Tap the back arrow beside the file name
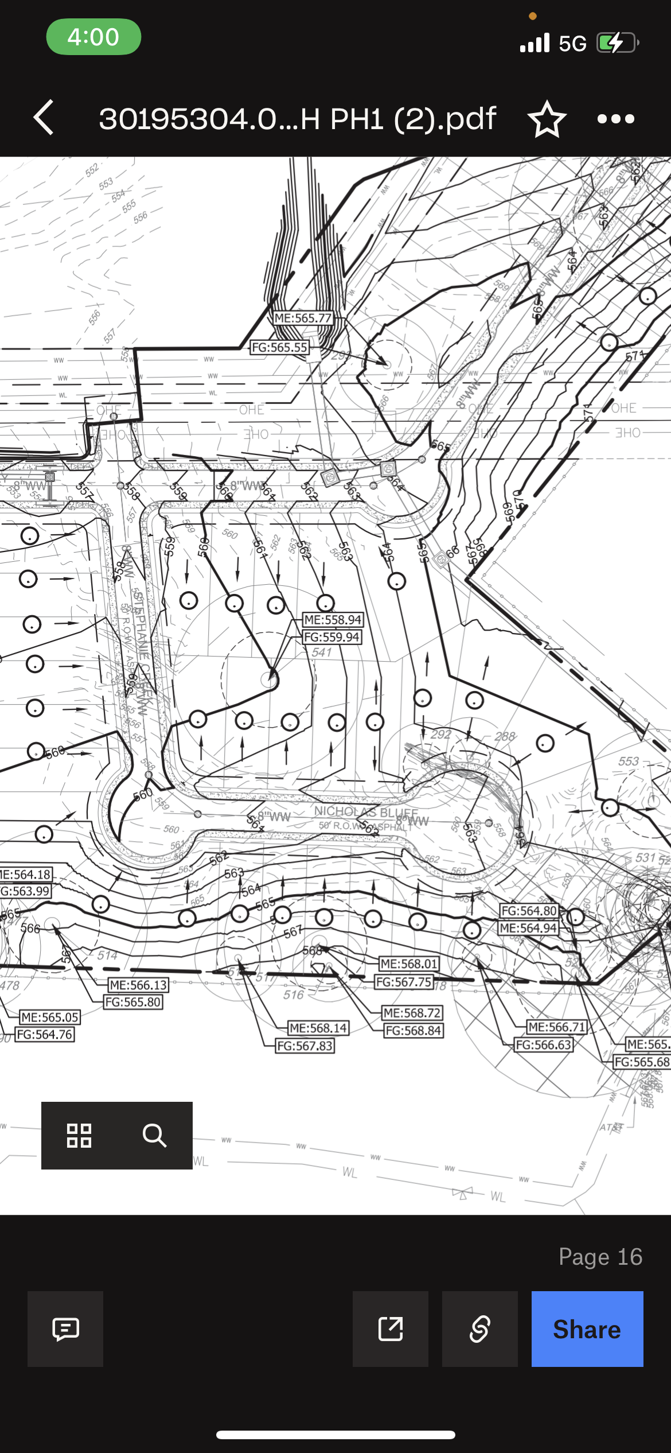point(44,118)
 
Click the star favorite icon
point(547,119)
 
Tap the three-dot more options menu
point(615,119)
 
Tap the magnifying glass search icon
point(154,1135)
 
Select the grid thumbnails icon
point(79,1135)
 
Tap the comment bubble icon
point(65,1328)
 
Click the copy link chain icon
point(479,1328)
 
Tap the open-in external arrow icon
point(391,1328)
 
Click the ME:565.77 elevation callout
point(303,318)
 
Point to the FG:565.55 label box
point(280,347)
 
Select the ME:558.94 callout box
point(333,620)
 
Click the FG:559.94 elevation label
point(332,637)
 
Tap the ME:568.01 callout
point(409,964)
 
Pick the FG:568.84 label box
point(413,1031)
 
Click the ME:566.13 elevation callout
point(138,985)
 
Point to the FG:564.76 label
point(45,1034)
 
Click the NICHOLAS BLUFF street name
point(366,812)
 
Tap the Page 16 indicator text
point(600,1257)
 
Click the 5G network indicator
point(572,44)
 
